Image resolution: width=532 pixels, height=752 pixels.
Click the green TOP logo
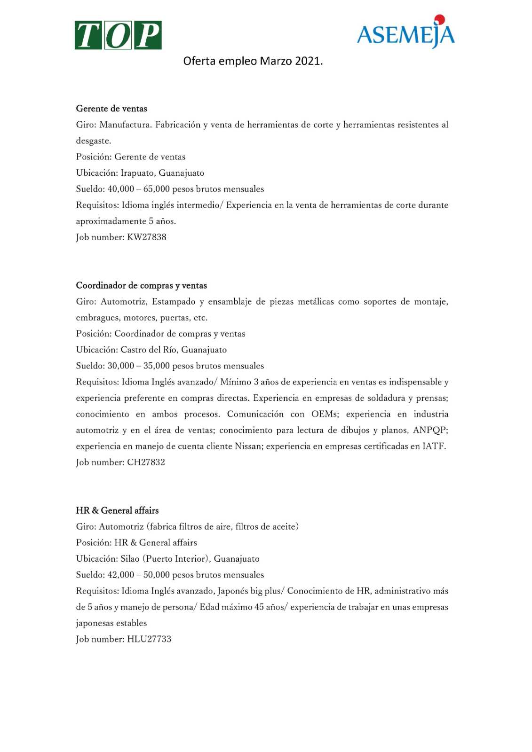point(118,35)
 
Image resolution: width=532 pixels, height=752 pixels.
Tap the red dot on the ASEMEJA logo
point(439,19)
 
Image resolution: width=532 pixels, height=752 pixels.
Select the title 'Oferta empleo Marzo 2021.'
point(253,61)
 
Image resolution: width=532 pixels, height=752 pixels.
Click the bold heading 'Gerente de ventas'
point(111,109)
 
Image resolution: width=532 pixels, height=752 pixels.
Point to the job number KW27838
point(146,237)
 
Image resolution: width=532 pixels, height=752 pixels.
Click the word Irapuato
point(137,173)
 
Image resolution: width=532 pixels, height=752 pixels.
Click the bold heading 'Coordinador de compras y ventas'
point(142,285)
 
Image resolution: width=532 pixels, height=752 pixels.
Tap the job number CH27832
point(146,462)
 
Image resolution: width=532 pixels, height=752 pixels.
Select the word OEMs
point(324,414)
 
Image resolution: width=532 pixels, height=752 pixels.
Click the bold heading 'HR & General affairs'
point(117,510)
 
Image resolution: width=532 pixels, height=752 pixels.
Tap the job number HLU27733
point(149,639)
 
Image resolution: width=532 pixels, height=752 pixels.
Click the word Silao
point(130,559)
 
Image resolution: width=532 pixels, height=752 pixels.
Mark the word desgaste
point(94,141)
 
